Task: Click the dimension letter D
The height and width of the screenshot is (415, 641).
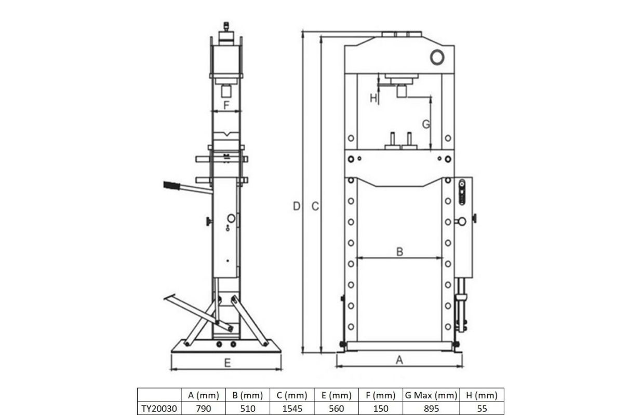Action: (x=297, y=206)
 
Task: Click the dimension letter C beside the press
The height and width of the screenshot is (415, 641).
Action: (x=315, y=206)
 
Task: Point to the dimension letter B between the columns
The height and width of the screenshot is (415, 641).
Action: (x=399, y=252)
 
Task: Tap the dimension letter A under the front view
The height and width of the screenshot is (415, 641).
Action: (x=399, y=360)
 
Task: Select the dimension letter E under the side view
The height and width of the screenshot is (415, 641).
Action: (x=227, y=363)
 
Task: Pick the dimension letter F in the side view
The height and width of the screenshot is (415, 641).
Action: (x=226, y=105)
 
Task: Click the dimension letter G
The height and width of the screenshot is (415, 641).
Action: (x=426, y=124)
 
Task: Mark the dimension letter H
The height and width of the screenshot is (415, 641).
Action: (x=373, y=98)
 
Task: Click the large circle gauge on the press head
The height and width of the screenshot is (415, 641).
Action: (x=437, y=57)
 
